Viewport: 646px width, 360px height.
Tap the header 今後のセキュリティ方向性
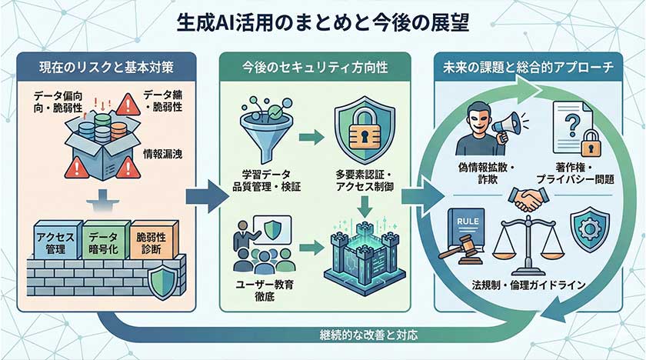(324, 67)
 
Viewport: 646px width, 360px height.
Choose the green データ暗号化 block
(104, 242)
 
